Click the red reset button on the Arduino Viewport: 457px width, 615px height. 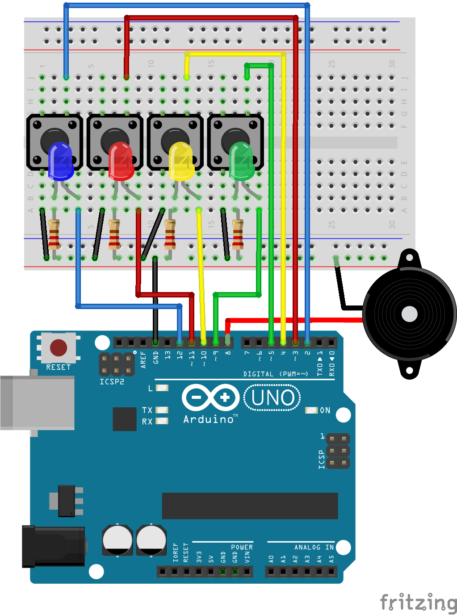pyautogui.click(x=59, y=347)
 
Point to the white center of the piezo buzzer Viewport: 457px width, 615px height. pyautogui.click(x=409, y=314)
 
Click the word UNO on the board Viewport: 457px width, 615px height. pyautogui.click(x=273, y=397)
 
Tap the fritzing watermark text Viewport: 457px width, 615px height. pyautogui.click(x=418, y=602)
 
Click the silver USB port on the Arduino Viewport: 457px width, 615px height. pyautogui.click(x=38, y=402)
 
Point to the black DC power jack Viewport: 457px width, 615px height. pyautogui.click(x=54, y=546)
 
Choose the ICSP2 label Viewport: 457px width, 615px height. pyautogui.click(x=112, y=381)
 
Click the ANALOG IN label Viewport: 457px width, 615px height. pyautogui.click(x=314, y=547)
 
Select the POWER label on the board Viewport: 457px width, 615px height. pyautogui.click(x=242, y=547)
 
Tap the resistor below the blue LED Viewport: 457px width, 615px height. pyautogui.click(x=54, y=234)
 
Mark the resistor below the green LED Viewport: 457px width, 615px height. pyautogui.click(x=238, y=234)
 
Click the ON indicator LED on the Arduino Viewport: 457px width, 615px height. pyautogui.click(x=311, y=410)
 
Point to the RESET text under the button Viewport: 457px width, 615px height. pyautogui.click(x=59, y=367)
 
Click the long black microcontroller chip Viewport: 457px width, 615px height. pyautogui.click(x=250, y=506)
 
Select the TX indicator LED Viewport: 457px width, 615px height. pyautogui.click(x=162, y=410)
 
